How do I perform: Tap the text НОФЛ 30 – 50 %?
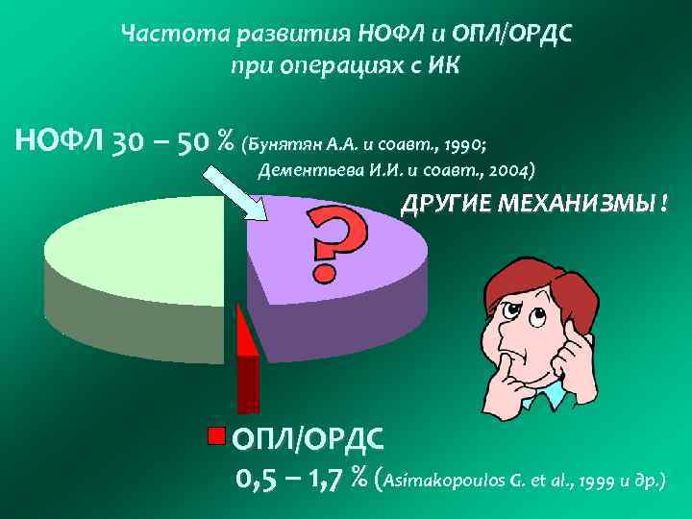point(125,142)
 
